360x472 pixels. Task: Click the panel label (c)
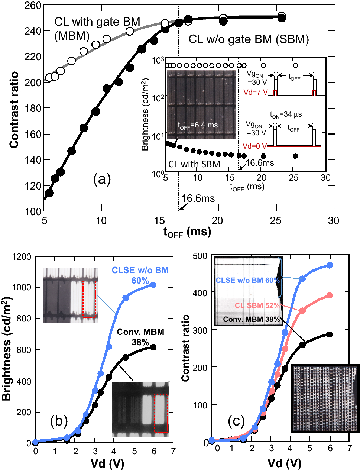click(236, 421)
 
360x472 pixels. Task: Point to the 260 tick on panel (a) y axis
click(32, 6)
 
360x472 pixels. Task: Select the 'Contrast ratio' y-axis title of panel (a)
click(14, 110)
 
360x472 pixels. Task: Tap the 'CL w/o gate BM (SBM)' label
click(249, 39)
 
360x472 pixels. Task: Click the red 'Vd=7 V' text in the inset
click(255, 92)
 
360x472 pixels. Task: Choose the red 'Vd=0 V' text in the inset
click(255, 146)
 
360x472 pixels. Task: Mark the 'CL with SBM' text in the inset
click(194, 164)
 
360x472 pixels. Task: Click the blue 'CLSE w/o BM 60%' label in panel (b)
click(140, 275)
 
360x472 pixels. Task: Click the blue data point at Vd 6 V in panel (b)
click(153, 285)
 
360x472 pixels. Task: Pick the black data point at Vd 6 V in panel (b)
click(153, 347)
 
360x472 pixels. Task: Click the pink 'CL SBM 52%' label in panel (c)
click(257, 305)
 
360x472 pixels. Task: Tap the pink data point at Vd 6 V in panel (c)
click(329, 295)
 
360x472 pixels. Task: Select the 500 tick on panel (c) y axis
click(201, 256)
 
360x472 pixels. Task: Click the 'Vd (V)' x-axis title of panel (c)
click(284, 463)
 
